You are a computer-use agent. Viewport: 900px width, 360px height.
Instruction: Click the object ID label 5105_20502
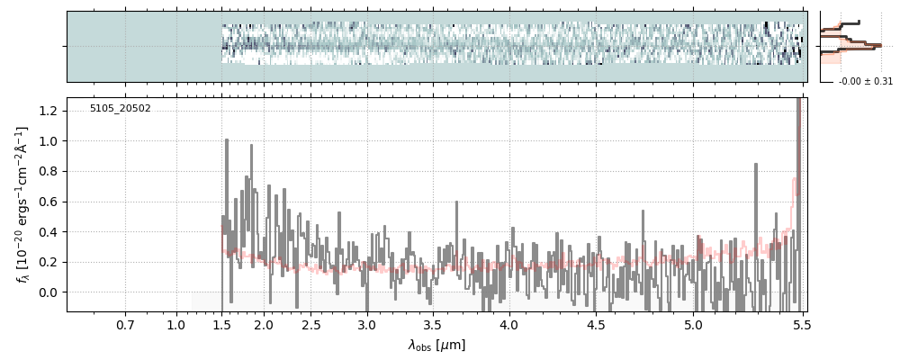(120, 109)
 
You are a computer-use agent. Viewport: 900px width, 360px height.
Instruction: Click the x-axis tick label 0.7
(125, 324)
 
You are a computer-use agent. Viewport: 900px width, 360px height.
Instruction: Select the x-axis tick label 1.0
(176, 324)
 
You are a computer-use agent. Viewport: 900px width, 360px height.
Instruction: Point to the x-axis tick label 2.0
(264, 324)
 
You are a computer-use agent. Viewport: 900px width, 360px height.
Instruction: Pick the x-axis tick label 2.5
(311, 324)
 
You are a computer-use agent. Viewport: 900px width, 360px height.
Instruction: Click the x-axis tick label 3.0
(366, 324)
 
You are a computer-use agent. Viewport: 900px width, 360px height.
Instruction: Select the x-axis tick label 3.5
(432, 324)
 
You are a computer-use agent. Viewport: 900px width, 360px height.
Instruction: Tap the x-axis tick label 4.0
(508, 324)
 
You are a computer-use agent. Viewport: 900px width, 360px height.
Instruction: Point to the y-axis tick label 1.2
(49, 111)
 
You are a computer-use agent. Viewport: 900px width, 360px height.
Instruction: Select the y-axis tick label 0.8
(49, 171)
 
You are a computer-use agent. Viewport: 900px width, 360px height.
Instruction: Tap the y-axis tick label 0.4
(49, 232)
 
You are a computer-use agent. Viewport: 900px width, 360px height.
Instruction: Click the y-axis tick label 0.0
(49, 292)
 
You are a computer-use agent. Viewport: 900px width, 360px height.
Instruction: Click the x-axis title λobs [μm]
(436, 345)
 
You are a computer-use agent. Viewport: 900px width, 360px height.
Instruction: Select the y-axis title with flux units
(22, 204)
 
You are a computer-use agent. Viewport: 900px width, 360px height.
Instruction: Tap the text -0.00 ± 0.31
(865, 81)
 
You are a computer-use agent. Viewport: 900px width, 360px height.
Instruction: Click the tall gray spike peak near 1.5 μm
(227, 140)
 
